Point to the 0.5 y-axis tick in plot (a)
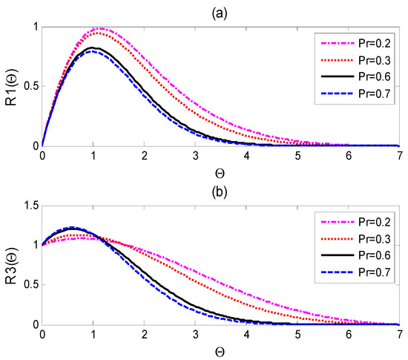pyautogui.click(x=28, y=87)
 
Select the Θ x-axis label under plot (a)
pyautogui.click(x=221, y=171)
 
